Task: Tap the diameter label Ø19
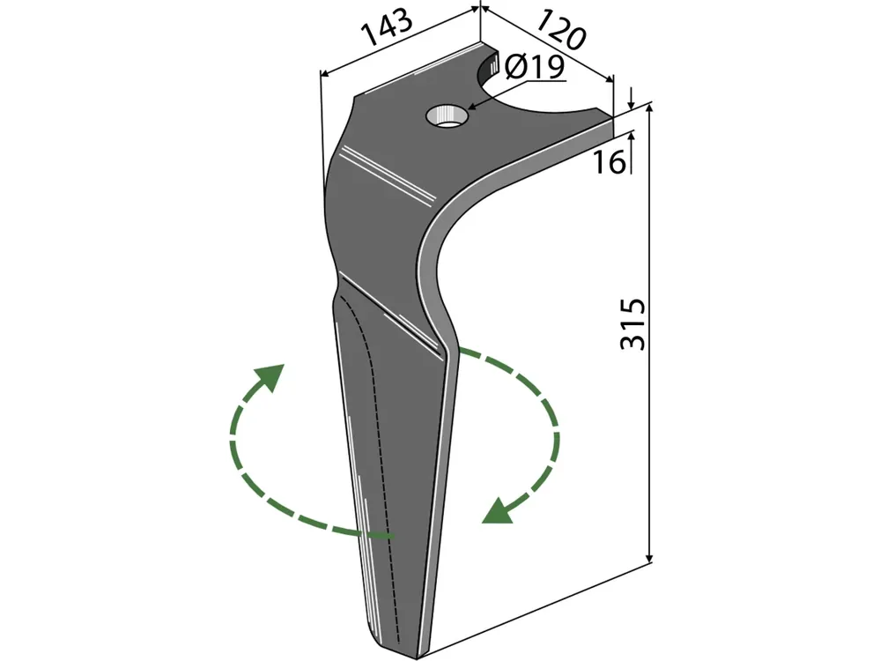coord(535,68)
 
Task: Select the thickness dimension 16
coord(609,162)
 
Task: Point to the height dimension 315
coord(634,324)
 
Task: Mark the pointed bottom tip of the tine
coord(417,657)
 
